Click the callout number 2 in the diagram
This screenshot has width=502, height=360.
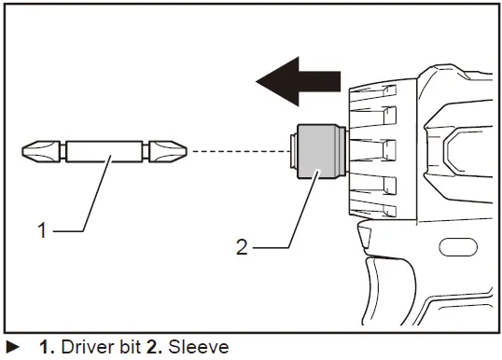pyautogui.click(x=241, y=247)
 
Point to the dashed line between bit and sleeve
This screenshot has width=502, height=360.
pyautogui.click(x=233, y=149)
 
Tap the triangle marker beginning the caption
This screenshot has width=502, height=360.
pyautogui.click(x=12, y=347)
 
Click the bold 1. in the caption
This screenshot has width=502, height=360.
pyautogui.click(x=47, y=347)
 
